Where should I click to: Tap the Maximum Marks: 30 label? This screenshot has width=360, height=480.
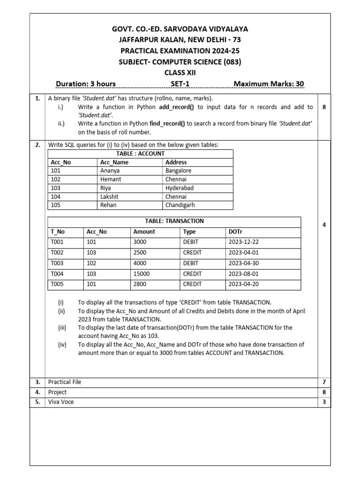tap(269, 84)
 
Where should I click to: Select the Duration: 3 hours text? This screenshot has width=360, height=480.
tap(86, 84)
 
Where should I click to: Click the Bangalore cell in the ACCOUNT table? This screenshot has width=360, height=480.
tap(179, 171)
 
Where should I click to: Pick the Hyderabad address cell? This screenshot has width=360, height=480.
tap(180, 188)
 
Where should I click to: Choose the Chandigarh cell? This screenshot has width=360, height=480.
tap(180, 205)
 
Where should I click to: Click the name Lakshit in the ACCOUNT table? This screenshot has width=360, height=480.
tap(110, 196)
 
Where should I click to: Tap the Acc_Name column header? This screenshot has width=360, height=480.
tap(114, 163)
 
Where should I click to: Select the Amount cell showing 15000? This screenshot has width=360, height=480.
tap(142, 274)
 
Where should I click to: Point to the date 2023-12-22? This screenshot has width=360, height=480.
tap(244, 242)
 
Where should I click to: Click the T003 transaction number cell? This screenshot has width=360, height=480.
tap(57, 263)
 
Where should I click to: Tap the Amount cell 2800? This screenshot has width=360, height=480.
tap(140, 284)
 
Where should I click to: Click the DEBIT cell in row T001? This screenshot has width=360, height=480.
tap(191, 242)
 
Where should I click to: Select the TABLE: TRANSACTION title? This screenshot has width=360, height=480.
tap(174, 221)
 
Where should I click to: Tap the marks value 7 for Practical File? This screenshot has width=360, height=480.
tap(324, 382)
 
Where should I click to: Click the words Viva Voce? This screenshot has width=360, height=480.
tap(61, 402)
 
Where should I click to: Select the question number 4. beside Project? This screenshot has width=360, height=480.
tap(37, 392)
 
